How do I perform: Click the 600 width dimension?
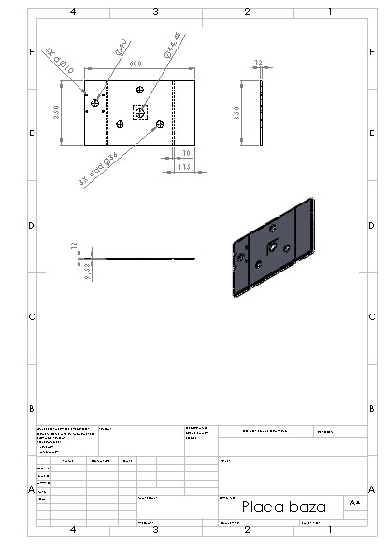(x=136, y=63)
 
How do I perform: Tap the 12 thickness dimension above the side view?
(x=259, y=63)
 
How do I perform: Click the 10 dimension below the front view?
(x=187, y=152)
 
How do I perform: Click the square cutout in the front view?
(x=140, y=112)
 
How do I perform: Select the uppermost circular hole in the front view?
(x=140, y=90)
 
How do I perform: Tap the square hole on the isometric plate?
(x=269, y=246)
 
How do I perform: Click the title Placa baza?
(x=284, y=507)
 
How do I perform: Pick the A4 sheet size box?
(x=354, y=502)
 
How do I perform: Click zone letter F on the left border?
(x=32, y=51)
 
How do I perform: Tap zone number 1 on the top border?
(x=330, y=12)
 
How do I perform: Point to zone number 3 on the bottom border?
(x=155, y=529)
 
